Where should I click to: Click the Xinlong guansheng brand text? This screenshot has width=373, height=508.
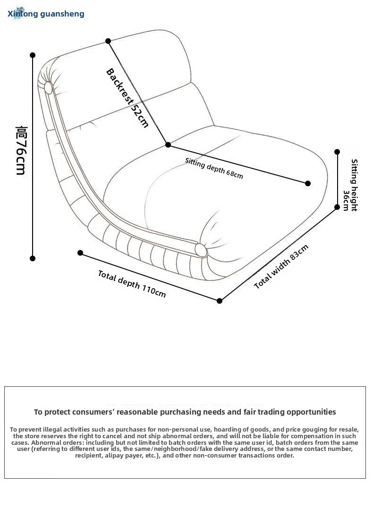tap(46, 14)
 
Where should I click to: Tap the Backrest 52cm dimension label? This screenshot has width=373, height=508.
tap(127, 98)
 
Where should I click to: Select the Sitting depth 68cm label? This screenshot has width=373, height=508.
tap(214, 168)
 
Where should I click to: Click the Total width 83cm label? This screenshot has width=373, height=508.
tap(281, 267)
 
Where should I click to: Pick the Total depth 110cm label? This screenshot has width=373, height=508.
tap(132, 283)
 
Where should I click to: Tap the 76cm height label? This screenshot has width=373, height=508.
tap(20, 150)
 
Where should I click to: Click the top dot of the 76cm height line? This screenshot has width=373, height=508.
tap(33, 55)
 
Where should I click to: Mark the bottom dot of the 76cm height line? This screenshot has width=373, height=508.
tap(33, 258)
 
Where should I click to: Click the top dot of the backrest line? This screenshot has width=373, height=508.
tap(108, 41)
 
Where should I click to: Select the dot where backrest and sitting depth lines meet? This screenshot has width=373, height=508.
tap(168, 145)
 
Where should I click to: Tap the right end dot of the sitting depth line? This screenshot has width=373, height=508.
tap(308, 183)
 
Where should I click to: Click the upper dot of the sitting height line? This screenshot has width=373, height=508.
tap(337, 152)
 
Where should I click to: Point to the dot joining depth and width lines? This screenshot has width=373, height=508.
tap(220, 300)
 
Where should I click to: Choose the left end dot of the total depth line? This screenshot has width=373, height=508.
tap(80, 253)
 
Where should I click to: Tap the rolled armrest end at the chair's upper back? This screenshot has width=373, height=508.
tap(48, 87)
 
